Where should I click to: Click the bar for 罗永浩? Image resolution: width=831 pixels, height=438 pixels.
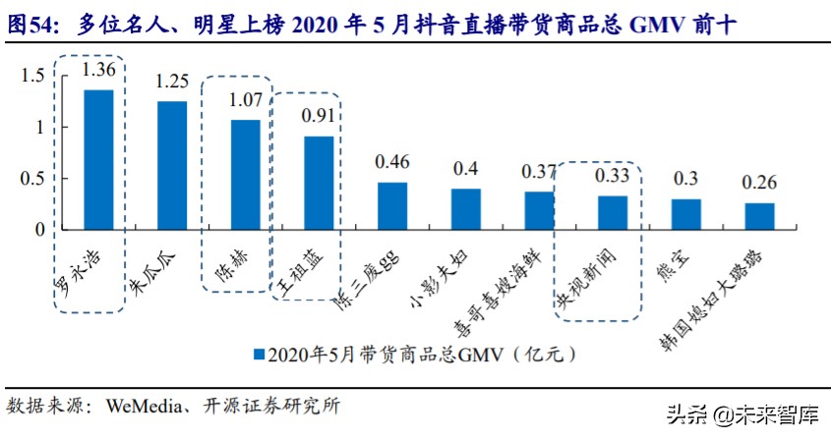[x=98, y=159]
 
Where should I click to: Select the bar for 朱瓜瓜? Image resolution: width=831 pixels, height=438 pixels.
[x=172, y=165]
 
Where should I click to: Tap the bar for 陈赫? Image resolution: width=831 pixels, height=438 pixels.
[x=245, y=174]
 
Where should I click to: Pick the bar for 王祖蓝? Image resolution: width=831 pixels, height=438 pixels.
[x=319, y=183]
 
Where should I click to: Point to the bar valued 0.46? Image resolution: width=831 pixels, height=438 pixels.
[x=392, y=205]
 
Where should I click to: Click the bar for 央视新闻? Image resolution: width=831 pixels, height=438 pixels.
[x=613, y=212]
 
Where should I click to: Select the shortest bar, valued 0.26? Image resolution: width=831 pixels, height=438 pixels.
[x=759, y=216]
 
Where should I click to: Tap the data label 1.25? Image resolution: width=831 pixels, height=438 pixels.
[x=172, y=82]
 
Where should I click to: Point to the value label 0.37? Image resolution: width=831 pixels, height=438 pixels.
[x=539, y=171]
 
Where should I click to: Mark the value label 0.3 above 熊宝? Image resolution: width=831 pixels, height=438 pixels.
[x=685, y=179]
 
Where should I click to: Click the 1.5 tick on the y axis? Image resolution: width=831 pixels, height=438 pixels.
[x=32, y=76]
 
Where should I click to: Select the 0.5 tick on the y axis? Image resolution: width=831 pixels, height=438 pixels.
[x=32, y=179]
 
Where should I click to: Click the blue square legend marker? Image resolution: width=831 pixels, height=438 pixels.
[x=259, y=352]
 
